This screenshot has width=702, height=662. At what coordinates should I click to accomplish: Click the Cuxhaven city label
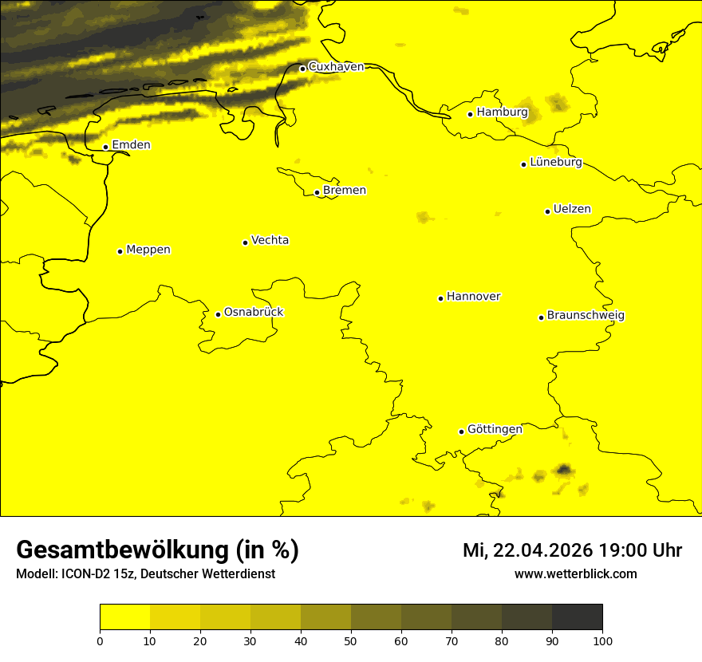pos(336,67)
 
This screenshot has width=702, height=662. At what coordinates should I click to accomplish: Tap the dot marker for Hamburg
pos(471,114)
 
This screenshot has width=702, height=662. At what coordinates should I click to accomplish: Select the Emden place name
pos(131,145)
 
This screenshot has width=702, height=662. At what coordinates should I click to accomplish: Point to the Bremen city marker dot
pos(317,192)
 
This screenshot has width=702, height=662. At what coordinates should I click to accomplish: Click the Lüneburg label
pos(555,163)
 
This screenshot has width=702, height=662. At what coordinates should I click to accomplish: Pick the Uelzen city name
pos(572,210)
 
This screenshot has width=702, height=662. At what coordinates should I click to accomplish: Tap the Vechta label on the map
pos(270,241)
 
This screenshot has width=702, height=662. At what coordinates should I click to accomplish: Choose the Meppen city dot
pos(120,251)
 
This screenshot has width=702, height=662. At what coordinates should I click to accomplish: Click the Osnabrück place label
pos(254,313)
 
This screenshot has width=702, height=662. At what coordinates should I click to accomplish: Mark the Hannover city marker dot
pos(440,298)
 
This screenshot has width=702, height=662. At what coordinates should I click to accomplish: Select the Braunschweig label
pos(586,316)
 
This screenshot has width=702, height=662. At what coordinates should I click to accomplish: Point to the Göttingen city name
pos(495,430)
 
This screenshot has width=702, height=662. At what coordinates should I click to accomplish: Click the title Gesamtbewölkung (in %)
pos(157,550)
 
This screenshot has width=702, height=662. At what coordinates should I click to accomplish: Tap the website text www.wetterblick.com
pos(575,574)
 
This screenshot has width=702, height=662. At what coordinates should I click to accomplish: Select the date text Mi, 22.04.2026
pos(526,550)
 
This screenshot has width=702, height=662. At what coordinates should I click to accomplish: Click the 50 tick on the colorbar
pos(351,640)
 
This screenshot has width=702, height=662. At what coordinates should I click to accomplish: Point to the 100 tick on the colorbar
pos(602,640)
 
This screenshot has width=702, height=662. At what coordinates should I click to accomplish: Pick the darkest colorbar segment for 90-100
pos(577,617)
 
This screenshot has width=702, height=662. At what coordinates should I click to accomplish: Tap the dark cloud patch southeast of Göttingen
pos(564,469)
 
